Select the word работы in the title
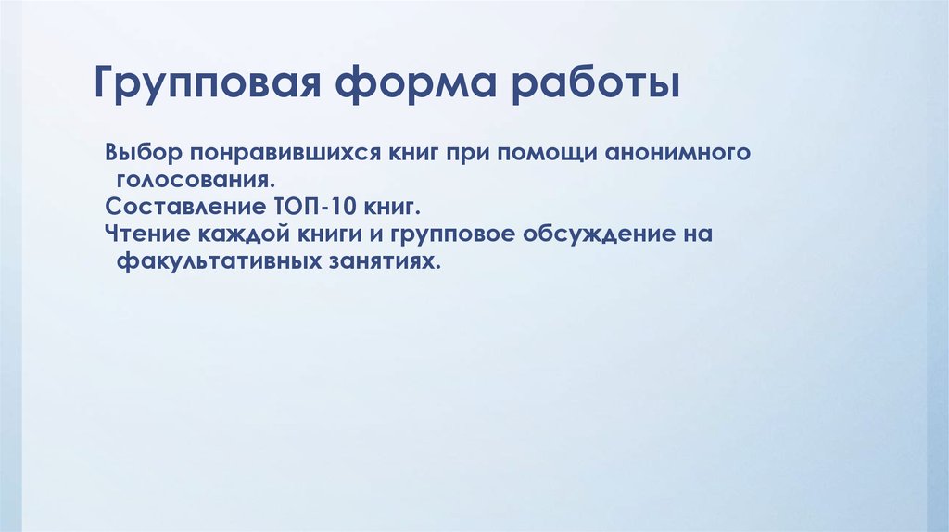(x=593, y=89)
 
